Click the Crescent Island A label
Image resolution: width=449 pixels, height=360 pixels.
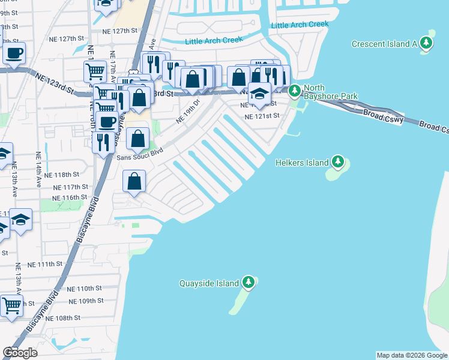[384, 44]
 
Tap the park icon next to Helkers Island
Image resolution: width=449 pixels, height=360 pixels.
[339, 162]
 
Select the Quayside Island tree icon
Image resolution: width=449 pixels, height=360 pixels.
[248, 283]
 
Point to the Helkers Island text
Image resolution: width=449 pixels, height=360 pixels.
[302, 163]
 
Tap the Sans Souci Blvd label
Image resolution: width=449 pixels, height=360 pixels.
[140, 157]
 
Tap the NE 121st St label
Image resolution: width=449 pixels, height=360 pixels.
[262, 116]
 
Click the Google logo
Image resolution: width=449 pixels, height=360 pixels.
[20, 353]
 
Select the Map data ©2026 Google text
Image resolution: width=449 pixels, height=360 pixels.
[411, 355]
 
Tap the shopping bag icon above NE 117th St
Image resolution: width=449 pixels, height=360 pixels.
[134, 181]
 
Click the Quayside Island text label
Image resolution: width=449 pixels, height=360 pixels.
[209, 283]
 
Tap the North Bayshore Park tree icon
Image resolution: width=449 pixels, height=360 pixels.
[294, 91]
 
